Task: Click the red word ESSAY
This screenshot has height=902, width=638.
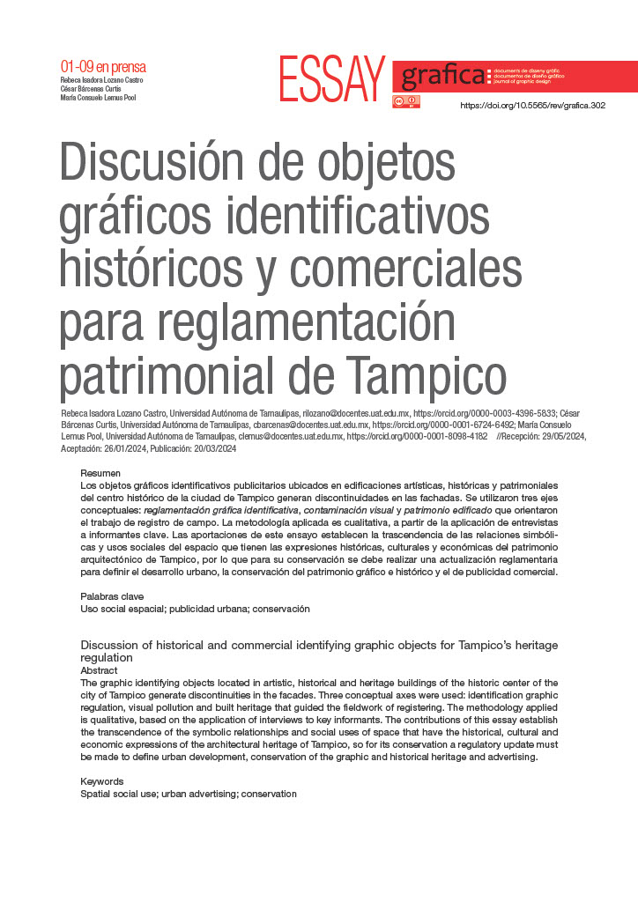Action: pyautogui.click(x=332, y=79)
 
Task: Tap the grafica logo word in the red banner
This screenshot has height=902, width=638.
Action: pyautogui.click(x=443, y=77)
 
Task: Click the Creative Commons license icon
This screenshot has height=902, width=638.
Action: pyautogui.click(x=406, y=102)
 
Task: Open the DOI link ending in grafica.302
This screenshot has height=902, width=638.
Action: pyautogui.click(x=533, y=106)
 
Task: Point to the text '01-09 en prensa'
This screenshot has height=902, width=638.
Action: pyautogui.click(x=103, y=67)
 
